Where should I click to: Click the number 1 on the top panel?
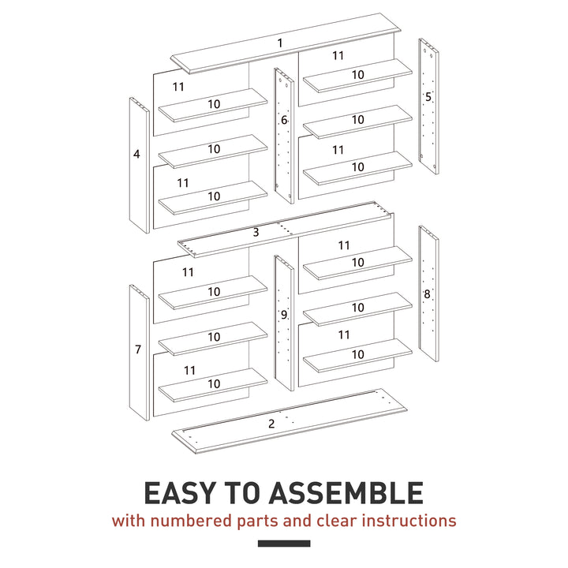[x=279, y=43]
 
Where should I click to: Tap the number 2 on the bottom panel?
[x=271, y=424]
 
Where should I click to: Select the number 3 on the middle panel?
[x=256, y=233]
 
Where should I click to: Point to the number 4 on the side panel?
[x=136, y=155]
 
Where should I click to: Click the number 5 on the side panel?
[x=428, y=97]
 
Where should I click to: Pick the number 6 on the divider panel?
[x=284, y=121]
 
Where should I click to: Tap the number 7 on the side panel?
[x=137, y=349]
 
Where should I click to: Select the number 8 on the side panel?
[x=427, y=293]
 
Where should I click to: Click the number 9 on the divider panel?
[x=284, y=315]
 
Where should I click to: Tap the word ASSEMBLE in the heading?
[x=346, y=493]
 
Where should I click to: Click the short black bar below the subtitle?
[x=284, y=543]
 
